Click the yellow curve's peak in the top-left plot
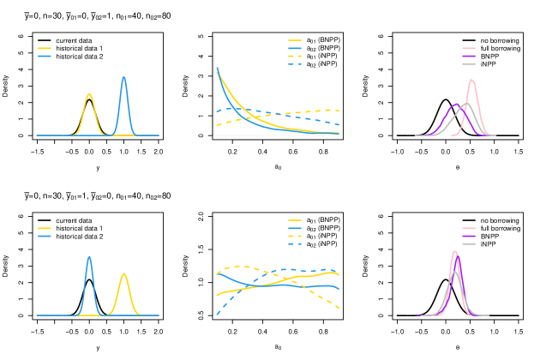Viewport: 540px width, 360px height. (89, 94)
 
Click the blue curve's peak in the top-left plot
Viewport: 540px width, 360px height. (123, 77)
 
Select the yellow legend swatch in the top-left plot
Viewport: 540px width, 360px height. (45, 48)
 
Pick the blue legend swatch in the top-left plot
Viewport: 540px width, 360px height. (45, 56)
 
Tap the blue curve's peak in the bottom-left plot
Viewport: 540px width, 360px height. (89, 256)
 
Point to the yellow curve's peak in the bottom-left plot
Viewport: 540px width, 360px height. (124, 274)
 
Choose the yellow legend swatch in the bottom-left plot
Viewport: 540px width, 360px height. (45, 228)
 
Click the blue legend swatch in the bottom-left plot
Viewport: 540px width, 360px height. (45, 236)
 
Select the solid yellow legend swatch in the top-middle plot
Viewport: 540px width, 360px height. (295, 40)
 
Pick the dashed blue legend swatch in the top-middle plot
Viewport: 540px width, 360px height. (295, 64)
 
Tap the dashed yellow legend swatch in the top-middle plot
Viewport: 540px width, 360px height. (295, 57)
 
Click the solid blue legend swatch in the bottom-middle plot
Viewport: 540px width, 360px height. (295, 228)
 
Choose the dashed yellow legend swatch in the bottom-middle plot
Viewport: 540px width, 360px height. (295, 236)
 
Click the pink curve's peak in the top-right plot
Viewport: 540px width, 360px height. (471, 80)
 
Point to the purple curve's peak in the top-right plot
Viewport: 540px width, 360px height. (455, 105)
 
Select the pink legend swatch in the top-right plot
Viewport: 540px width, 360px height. (469, 48)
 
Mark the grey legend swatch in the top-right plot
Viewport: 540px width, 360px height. (469, 64)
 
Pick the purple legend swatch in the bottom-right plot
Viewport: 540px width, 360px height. (469, 236)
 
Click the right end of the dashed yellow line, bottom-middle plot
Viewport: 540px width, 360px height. (339, 309)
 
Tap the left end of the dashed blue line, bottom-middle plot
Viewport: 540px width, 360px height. (217, 315)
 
